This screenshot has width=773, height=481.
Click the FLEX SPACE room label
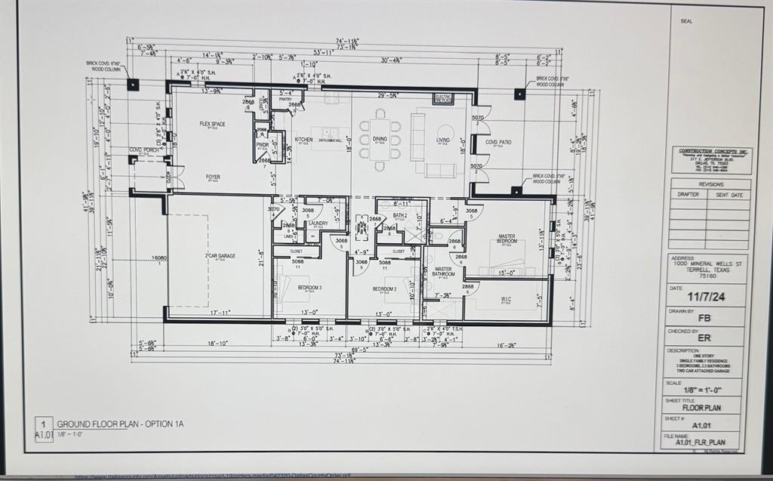212,124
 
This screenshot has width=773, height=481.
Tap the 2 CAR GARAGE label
220,256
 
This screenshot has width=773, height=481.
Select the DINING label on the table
380,139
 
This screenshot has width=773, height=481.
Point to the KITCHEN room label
303,140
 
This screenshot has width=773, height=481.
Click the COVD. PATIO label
498,142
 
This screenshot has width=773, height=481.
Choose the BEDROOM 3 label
310,288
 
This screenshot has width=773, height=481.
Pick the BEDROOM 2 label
384,288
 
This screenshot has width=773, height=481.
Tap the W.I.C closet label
506,299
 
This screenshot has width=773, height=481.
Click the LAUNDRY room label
318,224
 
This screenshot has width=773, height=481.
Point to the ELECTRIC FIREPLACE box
443,98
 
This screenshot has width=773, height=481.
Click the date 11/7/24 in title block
707,298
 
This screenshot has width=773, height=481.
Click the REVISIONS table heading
710,183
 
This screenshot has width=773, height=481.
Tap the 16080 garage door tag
159,258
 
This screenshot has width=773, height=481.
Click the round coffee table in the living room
445,131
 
